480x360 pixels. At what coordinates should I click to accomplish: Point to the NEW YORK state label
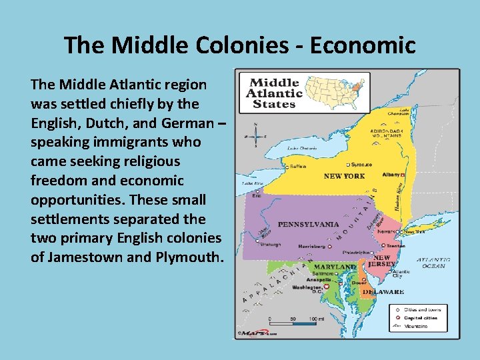click(x=344, y=176)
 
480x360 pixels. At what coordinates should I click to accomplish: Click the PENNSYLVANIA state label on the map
click(x=308, y=224)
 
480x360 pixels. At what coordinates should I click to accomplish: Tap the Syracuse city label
click(x=361, y=165)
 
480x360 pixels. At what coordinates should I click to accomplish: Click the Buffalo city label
click(x=298, y=167)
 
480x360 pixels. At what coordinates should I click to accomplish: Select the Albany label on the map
click(x=391, y=174)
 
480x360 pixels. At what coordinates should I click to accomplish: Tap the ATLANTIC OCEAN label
click(x=433, y=263)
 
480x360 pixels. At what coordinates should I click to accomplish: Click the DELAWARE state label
click(x=383, y=291)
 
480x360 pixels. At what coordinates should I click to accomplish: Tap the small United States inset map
click(x=336, y=91)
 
